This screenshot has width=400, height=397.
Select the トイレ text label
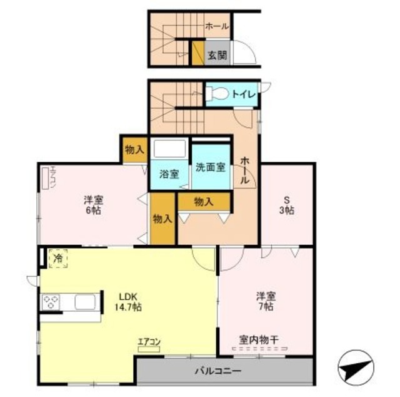click(243, 95)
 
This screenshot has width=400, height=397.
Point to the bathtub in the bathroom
click(170, 150)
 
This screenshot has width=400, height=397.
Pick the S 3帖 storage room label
click(287, 205)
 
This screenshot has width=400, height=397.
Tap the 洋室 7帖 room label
click(266, 301)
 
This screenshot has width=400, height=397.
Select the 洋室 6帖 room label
click(94, 205)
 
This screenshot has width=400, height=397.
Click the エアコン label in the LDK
click(150, 342)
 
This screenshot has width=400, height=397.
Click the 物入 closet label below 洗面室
click(204, 201)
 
